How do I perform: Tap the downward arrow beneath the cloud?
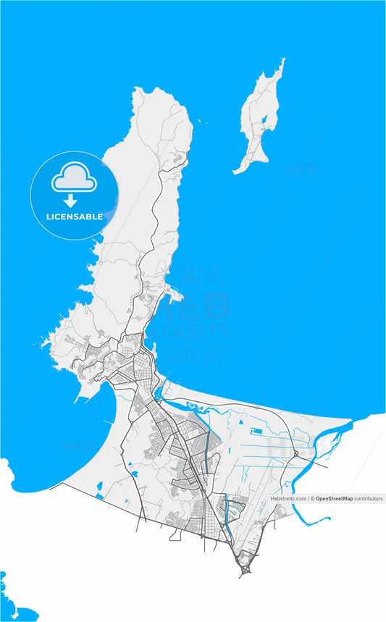click(x=70, y=201)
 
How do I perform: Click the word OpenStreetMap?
click(x=334, y=499)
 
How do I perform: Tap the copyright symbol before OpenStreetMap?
click(x=312, y=499)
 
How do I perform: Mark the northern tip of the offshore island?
click(x=283, y=60)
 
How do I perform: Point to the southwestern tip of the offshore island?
click(x=234, y=172)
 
